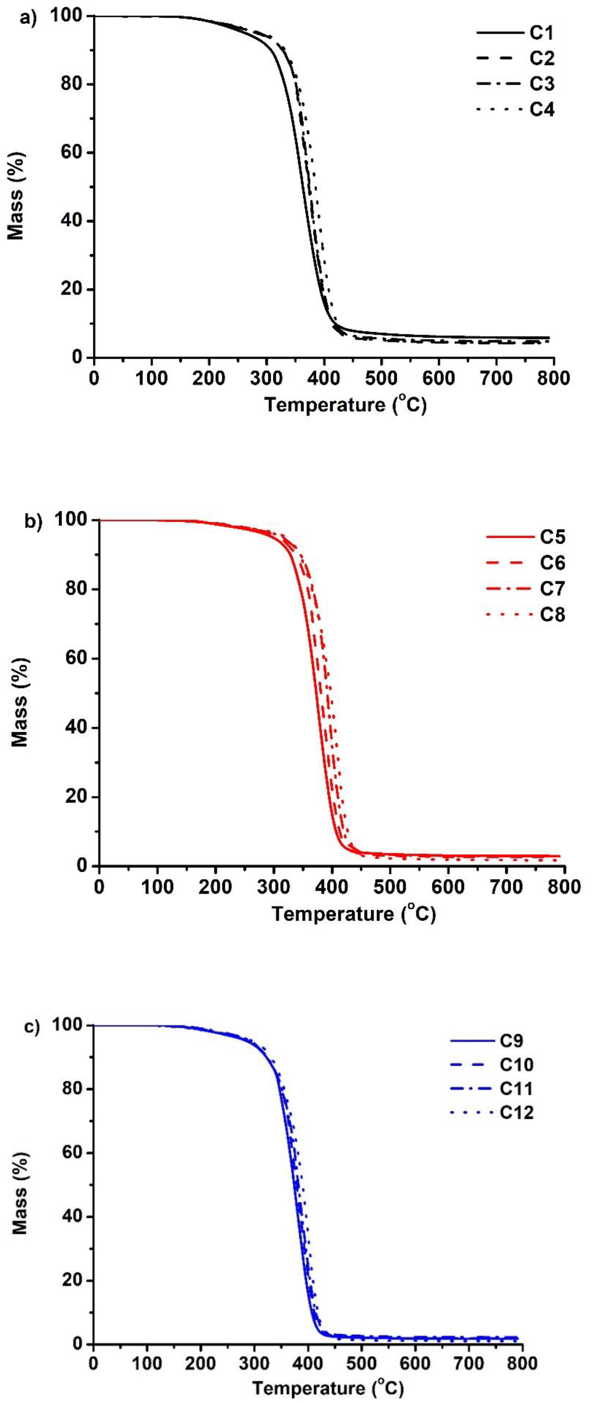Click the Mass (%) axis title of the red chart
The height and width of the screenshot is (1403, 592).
[20, 694]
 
